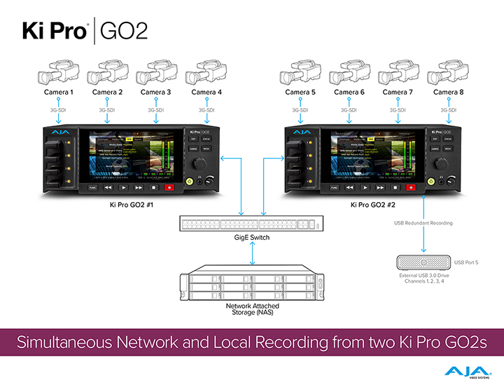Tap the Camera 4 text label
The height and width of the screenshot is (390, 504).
[x=206, y=92]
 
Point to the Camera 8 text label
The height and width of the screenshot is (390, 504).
[x=448, y=92]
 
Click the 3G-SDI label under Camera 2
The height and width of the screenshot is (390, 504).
[x=107, y=110]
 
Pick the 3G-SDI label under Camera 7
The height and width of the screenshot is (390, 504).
[x=398, y=110]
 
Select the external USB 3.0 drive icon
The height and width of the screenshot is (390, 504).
[x=423, y=262]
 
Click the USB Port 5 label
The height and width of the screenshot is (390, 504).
[x=468, y=262]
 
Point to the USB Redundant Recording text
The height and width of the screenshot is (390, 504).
[x=423, y=223]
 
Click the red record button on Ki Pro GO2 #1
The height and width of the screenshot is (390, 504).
[x=169, y=188]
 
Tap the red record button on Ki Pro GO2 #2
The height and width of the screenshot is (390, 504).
[x=410, y=188]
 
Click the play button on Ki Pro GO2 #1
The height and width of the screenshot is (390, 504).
[x=123, y=188]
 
